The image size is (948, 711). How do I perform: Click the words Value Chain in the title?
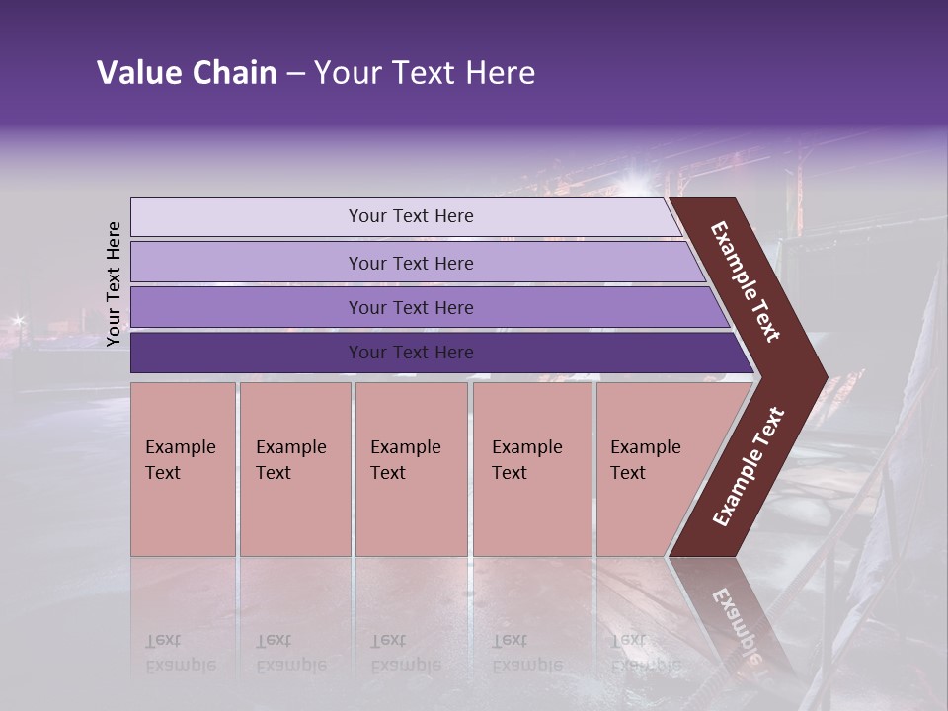click(x=187, y=73)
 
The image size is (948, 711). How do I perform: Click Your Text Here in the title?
click(x=425, y=73)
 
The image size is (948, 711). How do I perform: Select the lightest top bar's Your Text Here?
click(x=411, y=216)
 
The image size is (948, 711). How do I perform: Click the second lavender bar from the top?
click(x=411, y=263)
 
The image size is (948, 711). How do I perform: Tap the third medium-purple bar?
click(x=411, y=307)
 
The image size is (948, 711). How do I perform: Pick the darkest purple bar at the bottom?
click(x=411, y=353)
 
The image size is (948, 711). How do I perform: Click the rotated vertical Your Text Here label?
click(x=114, y=283)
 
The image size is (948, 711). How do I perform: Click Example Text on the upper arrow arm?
click(x=746, y=281)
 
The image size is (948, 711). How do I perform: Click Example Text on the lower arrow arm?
click(x=749, y=467)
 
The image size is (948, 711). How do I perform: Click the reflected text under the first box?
click(x=182, y=653)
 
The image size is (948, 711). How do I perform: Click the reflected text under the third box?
click(x=405, y=653)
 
